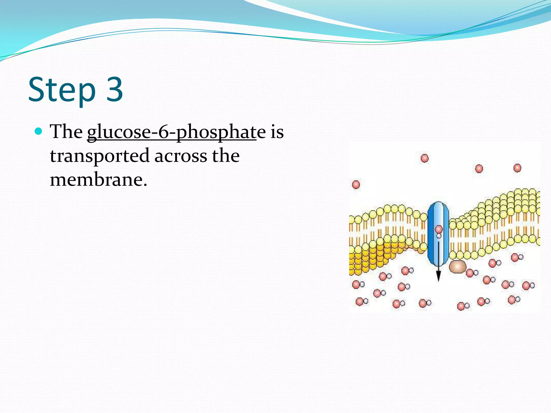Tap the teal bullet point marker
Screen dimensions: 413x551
[39, 131]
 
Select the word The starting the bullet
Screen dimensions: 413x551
[66, 131]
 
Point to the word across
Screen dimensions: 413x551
[181, 156]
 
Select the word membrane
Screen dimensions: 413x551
[96, 179]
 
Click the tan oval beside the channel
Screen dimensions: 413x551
[457, 266]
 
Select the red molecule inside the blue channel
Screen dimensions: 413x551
[439, 229]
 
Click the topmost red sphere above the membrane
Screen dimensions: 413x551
[425, 158]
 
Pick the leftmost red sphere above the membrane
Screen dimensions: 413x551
[356, 185]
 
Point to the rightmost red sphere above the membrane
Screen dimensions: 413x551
[517, 168]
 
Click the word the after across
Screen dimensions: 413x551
[225, 156]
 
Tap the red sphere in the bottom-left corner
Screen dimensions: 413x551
[359, 302]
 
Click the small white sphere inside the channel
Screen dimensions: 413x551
[439, 236]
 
